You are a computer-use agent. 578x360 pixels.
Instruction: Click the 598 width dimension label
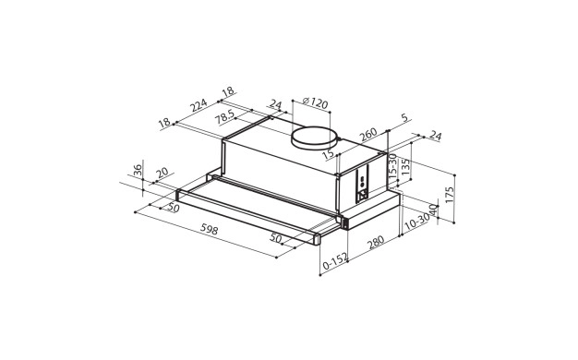209,229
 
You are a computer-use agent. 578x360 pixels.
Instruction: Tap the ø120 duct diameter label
315,102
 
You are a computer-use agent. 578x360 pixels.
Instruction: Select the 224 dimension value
199,105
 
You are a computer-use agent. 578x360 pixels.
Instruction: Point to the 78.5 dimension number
225,117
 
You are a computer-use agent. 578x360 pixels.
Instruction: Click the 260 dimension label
368,135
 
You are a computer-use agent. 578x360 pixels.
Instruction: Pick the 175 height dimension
450,194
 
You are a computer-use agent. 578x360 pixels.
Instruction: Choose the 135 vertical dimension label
405,167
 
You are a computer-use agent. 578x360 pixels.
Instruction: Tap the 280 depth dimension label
376,242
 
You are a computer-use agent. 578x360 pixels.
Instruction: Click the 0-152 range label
335,260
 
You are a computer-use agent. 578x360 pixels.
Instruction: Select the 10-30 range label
417,222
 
